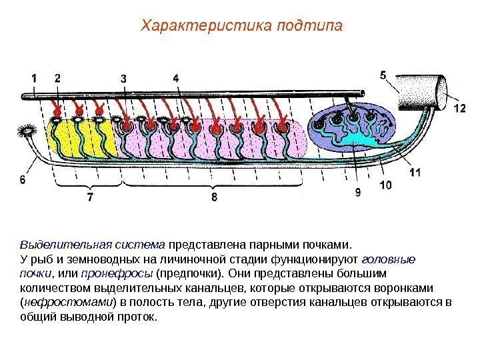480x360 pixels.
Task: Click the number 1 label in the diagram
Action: (34, 79)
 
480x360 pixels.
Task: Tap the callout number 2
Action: (57, 79)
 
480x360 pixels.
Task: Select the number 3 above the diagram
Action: (123, 79)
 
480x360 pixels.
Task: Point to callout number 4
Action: (175, 79)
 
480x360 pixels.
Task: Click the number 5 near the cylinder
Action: (383, 75)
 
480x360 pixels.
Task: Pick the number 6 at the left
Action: (23, 179)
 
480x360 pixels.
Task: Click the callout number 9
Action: (358, 192)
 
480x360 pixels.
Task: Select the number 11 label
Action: (415, 171)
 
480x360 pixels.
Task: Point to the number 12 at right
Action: (459, 107)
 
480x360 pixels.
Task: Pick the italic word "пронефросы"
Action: (117, 273)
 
